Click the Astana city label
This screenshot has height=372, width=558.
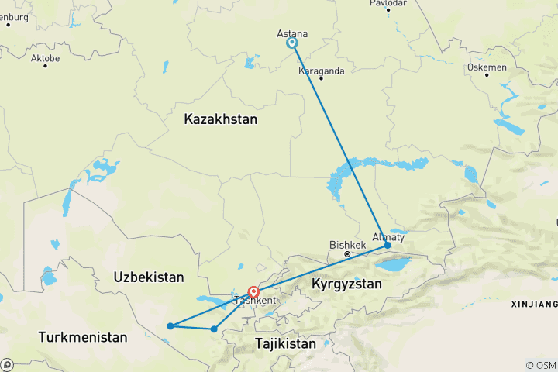292,34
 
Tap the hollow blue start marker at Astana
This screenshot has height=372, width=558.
292,43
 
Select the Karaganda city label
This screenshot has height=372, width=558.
321,71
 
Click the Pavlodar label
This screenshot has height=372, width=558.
387,3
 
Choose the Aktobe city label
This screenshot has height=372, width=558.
45,58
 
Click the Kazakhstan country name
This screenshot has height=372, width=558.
220,120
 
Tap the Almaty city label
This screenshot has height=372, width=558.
387,236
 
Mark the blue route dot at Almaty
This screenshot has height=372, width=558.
387,246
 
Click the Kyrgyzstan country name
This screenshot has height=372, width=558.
346,284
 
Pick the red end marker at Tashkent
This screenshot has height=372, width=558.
253,293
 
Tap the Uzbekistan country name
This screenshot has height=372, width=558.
148,277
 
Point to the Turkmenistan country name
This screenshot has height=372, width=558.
84,338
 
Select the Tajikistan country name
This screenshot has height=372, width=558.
285,343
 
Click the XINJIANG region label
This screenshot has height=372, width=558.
535,303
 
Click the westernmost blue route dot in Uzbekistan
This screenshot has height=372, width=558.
170,325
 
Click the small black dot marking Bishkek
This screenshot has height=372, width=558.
346,253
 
